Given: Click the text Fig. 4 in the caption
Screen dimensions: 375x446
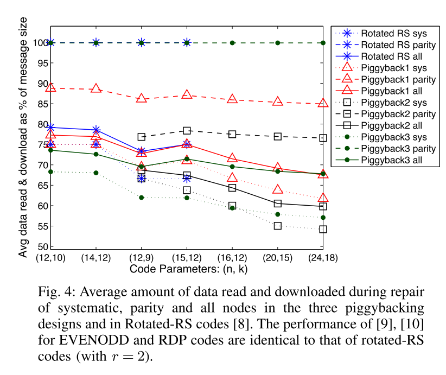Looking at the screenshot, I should [56, 291].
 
